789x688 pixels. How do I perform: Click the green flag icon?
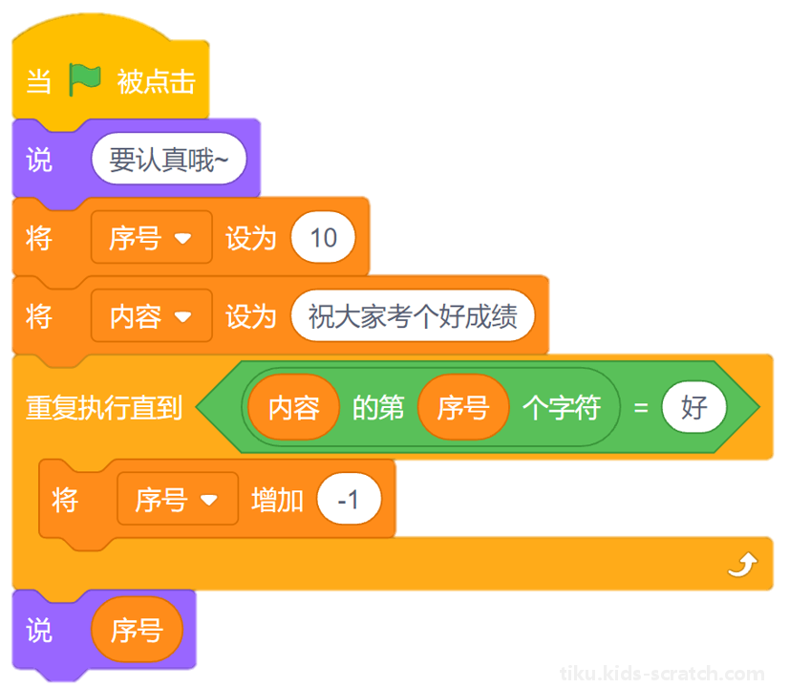coord(84,79)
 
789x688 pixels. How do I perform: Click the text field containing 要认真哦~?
coord(169,159)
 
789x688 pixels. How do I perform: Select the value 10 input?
coord(323,238)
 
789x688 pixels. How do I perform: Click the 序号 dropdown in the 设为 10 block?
coord(152,238)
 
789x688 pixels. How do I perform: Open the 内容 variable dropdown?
coord(152,316)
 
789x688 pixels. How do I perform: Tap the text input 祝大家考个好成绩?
coord(413,316)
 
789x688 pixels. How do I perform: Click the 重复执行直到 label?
coord(104,407)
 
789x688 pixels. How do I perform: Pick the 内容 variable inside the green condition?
coord(294,407)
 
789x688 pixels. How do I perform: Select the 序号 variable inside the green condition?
coord(463,407)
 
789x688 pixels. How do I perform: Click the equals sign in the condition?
coord(641,408)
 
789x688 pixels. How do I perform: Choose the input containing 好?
coord(694,407)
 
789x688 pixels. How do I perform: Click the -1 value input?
coord(349,499)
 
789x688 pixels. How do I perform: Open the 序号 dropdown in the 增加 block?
coord(178,499)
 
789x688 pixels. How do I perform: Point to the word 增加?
coord(277,500)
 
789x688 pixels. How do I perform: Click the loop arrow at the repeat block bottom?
coord(743,564)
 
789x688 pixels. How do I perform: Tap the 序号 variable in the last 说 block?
coord(137,630)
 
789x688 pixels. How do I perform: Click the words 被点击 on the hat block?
coord(156,81)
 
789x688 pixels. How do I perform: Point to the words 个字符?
coord(562,407)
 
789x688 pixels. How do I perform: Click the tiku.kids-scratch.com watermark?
coord(662,673)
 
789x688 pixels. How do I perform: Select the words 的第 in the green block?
coord(378,407)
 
